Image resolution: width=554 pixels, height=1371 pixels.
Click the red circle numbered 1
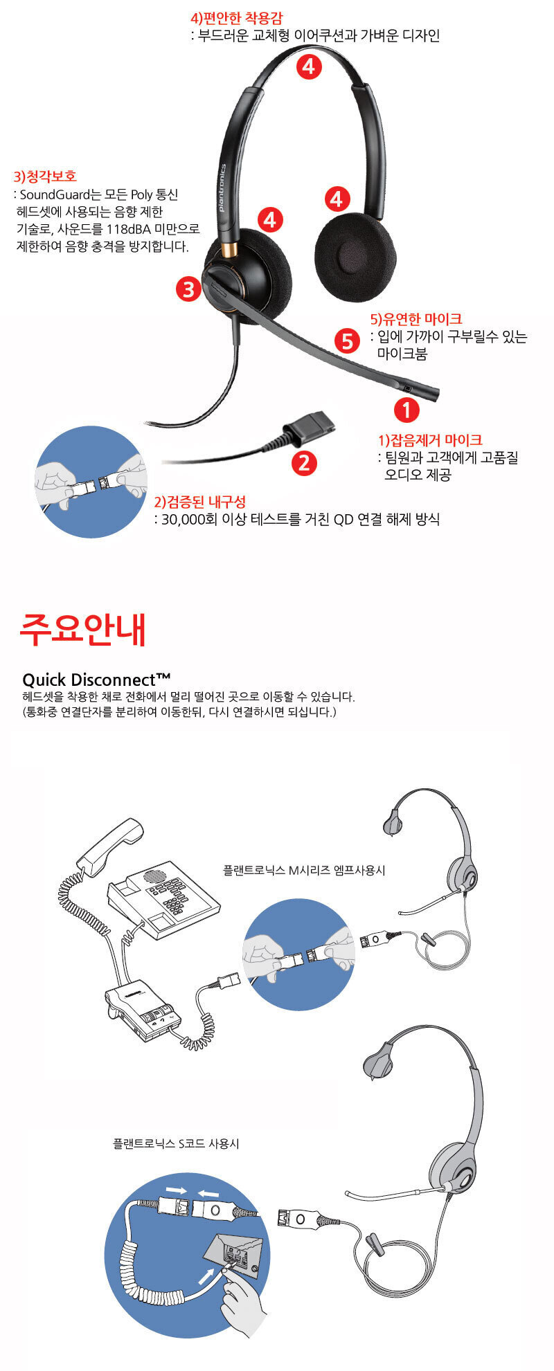tap(406, 410)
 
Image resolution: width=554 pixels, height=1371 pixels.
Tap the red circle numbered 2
tap(303, 462)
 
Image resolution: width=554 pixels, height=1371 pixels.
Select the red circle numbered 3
tap(188, 289)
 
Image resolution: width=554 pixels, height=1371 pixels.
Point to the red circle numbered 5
tap(347, 341)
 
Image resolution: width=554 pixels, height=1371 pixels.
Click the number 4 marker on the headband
tap(309, 66)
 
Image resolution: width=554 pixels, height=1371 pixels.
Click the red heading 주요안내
tap(83, 628)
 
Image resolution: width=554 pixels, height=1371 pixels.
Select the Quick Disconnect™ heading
tap(96, 679)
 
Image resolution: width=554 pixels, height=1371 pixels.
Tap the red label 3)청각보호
tap(45, 176)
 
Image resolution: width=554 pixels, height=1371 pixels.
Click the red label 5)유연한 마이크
tap(416, 319)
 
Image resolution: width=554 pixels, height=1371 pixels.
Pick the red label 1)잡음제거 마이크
tap(430, 439)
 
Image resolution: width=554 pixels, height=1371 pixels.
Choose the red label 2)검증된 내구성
tap(199, 502)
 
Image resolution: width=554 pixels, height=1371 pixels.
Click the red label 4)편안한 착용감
tap(236, 19)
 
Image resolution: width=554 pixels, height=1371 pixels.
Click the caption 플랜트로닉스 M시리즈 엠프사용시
tap(304, 870)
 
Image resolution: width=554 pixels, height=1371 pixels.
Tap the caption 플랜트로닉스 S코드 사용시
tap(176, 1144)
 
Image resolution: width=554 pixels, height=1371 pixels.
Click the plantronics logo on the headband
tap(222, 188)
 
